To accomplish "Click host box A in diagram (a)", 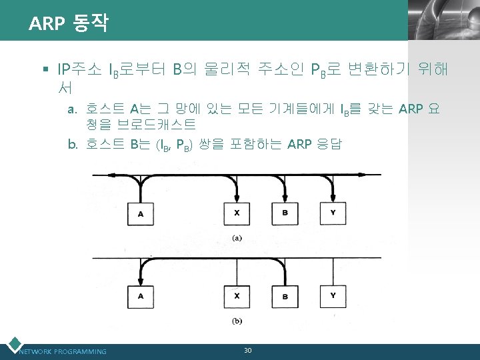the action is pos(141,213).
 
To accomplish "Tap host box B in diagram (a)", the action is pos(285,213).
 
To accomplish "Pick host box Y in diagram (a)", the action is pos(333,213).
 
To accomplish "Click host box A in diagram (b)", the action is pos(141,295).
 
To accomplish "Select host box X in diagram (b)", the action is pos(237,295).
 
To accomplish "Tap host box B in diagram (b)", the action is pos(285,295).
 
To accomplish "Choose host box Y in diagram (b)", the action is pos(333,295).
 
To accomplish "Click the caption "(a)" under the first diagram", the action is pos(237,238).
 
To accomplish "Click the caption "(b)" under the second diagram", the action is pos(237,321).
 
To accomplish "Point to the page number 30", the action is pos(247,350).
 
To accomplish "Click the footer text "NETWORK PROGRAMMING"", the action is pos(63,351).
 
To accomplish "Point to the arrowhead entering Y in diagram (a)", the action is pos(333,198).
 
